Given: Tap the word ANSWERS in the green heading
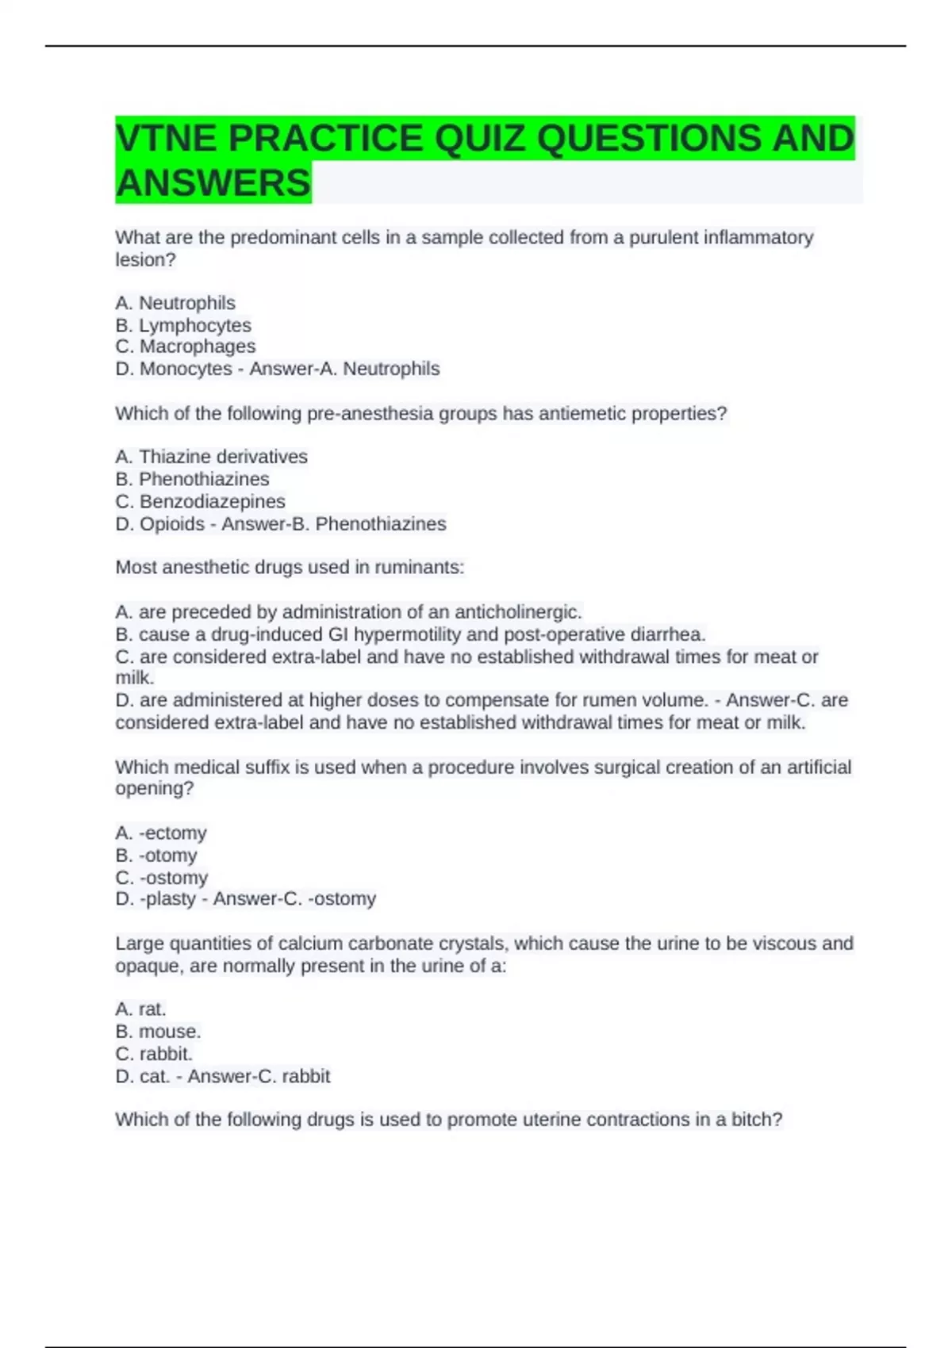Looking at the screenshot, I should coord(213,183).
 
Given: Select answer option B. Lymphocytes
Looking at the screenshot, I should coord(183,325).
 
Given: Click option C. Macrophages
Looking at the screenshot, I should coord(186,347).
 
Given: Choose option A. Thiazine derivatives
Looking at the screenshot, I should coord(211,457).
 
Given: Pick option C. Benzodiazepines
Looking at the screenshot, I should coord(200,501).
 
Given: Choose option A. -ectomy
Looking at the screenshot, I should coord(161,833).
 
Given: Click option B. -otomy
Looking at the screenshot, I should coord(156,855).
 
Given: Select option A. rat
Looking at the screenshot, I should coord(140,1009).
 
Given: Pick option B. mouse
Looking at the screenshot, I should coord(158,1031).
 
